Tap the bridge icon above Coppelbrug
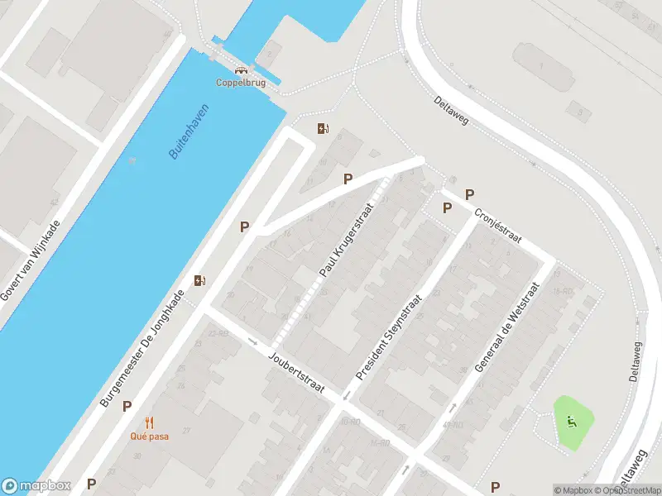tap(240, 71)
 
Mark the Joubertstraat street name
tap(295, 372)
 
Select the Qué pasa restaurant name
tap(149, 436)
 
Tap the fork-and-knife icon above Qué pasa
tap(149, 423)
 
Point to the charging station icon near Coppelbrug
tap(323, 129)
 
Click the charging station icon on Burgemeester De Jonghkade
tap(199, 280)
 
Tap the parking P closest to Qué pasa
tap(127, 406)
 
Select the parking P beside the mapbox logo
tap(92, 484)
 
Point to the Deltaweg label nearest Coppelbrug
tap(451, 110)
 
